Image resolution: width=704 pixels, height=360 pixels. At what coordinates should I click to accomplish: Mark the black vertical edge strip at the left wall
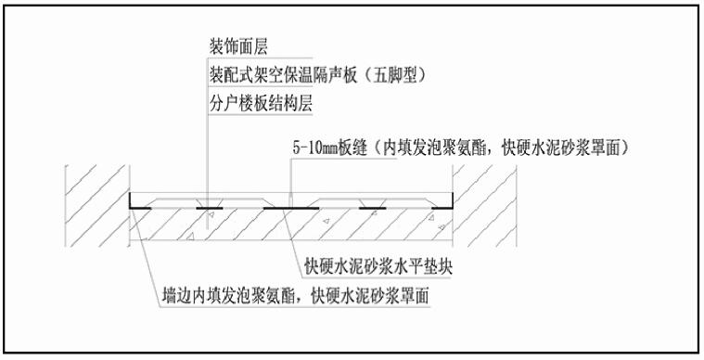tap(127, 200)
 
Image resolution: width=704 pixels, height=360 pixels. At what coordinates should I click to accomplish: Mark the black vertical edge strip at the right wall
tap(451, 200)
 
